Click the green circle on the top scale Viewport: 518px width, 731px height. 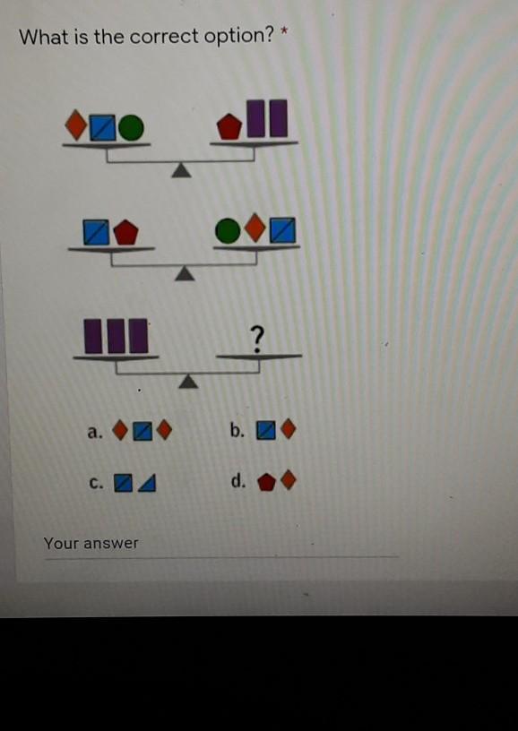tap(131, 128)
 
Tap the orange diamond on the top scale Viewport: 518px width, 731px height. tap(76, 125)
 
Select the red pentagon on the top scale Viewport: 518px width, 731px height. tap(229, 127)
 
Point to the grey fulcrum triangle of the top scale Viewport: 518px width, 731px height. tap(181, 170)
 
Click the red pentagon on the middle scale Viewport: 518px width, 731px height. tap(125, 233)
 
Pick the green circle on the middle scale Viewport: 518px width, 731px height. tap(228, 230)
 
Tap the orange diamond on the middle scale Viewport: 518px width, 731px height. tap(255, 228)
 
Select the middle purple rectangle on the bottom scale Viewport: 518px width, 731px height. tap(117, 336)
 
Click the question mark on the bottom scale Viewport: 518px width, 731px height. tap(257, 339)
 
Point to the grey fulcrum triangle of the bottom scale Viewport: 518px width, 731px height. tap(188, 382)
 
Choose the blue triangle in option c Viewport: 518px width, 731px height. tap(148, 484)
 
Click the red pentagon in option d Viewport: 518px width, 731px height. tap(266, 482)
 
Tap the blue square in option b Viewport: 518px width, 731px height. tap(266, 431)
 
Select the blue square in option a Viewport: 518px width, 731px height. tap(142, 432)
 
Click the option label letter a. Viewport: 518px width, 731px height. tap(94, 433)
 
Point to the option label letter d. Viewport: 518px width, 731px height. tap(238, 480)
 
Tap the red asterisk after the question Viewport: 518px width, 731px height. tap(282, 32)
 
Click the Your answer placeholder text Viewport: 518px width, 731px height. tap(91, 543)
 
